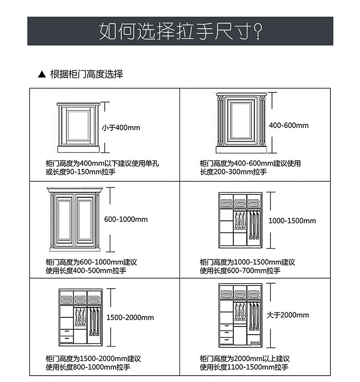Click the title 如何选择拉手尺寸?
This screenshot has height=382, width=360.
[x=180, y=31]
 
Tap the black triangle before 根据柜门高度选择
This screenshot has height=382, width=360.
[x=42, y=74]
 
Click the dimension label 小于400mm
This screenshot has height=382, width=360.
[x=121, y=127]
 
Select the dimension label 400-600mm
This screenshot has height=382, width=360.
[x=288, y=125]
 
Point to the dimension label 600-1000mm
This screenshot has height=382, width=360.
[x=126, y=219]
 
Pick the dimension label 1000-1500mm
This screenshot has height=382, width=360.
[x=292, y=221]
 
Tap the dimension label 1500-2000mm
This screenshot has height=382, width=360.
[x=130, y=317]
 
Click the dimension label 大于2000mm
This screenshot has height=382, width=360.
[x=288, y=315]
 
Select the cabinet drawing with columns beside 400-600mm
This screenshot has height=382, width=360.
[x=240, y=122]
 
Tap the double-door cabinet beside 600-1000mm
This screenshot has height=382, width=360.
[x=73, y=219]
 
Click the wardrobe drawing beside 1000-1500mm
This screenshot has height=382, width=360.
[x=240, y=220]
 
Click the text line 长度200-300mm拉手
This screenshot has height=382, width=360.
[x=233, y=172]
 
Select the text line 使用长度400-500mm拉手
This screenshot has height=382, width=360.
[x=86, y=270]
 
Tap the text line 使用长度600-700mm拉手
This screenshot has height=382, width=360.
[x=240, y=270]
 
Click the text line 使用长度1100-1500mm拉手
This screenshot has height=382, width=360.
[x=244, y=367]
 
